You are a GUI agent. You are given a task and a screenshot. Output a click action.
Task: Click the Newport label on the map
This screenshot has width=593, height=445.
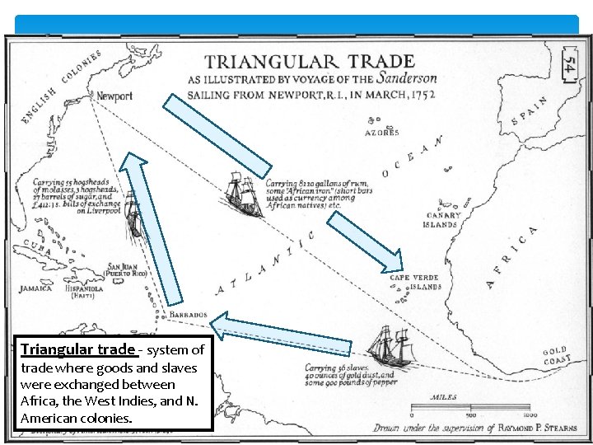pos(114,96)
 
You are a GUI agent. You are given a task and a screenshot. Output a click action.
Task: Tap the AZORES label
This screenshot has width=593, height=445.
pos(382,132)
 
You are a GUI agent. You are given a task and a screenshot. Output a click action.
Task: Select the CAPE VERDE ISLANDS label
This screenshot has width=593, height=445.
pos(415,283)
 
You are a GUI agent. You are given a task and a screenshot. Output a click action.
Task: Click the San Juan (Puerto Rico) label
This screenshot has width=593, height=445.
pos(127,271)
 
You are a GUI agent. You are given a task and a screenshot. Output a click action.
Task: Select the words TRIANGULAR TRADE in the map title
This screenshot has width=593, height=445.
pos(309,61)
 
